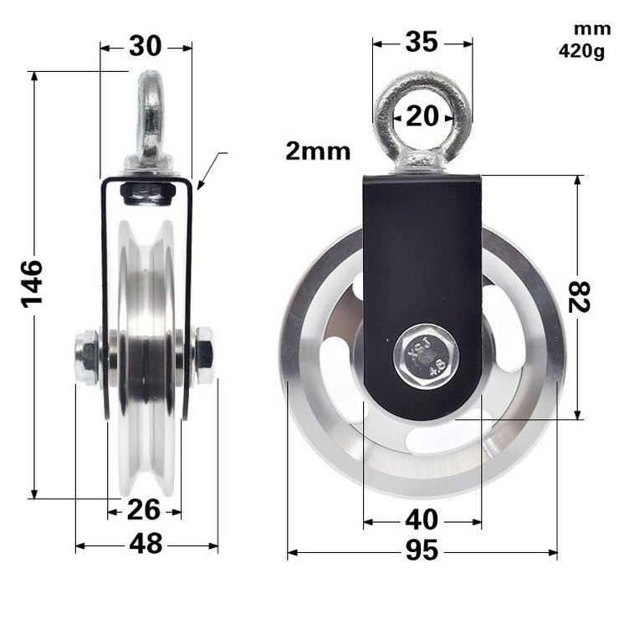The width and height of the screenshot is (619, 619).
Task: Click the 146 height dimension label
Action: [x=32, y=284]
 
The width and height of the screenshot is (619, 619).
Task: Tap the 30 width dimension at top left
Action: [x=146, y=47]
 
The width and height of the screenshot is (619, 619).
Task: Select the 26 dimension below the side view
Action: [x=144, y=509]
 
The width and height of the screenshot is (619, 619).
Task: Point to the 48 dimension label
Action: [x=146, y=545]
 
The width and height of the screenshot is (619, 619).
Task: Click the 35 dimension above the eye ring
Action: [x=422, y=43]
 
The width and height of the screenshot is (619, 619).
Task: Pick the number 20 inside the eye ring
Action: [x=422, y=116]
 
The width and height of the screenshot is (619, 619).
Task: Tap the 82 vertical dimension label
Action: [x=579, y=296]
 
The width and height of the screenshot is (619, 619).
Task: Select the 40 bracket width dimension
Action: [x=422, y=520]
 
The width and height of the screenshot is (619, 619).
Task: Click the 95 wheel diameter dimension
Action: [x=422, y=552]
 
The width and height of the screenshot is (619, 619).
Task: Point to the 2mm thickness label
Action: [x=318, y=151]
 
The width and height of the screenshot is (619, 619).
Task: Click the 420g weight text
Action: [x=581, y=52]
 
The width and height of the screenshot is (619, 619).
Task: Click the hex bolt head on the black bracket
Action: [x=426, y=357]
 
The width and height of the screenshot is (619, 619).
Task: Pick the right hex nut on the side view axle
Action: [x=203, y=356]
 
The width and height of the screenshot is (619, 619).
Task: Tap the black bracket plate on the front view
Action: [x=422, y=251]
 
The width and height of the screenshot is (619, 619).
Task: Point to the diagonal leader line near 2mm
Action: [x=212, y=170]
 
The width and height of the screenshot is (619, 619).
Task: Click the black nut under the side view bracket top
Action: [x=147, y=193]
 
